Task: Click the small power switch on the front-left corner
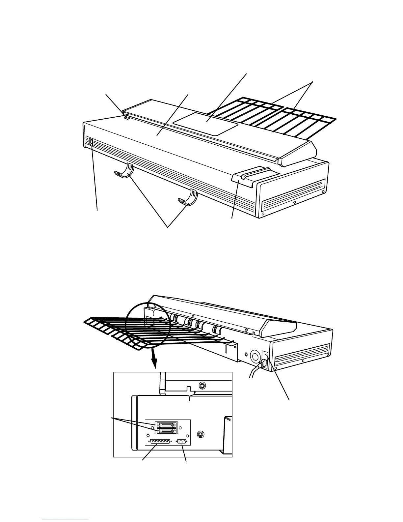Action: click(x=91, y=142)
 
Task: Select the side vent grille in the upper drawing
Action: click(x=293, y=196)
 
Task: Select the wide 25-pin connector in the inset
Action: click(x=160, y=442)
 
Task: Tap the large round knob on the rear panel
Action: click(x=255, y=355)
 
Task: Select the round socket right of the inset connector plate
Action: click(x=200, y=434)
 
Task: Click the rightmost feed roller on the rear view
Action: click(x=216, y=330)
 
